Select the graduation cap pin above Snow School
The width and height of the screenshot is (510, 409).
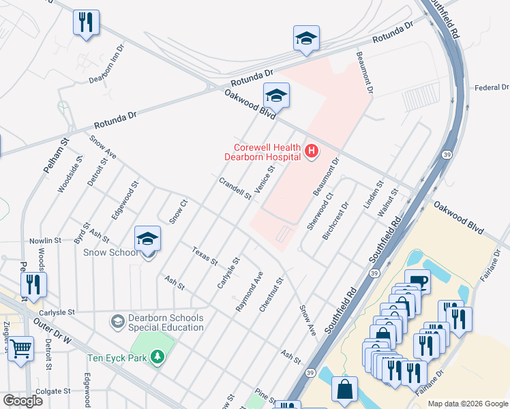pyautogui.click(x=147, y=239)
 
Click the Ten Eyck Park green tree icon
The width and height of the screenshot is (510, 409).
pyautogui.click(x=157, y=357)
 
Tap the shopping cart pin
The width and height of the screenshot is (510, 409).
pyautogui.click(x=21, y=349)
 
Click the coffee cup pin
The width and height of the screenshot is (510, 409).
pyautogui.click(x=417, y=282)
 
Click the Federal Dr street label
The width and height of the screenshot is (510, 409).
pyautogui.click(x=491, y=87)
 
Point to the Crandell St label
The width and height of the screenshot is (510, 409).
pyautogui.click(x=235, y=188)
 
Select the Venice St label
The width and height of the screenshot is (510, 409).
pyautogui.click(x=264, y=179)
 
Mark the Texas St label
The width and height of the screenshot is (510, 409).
pyautogui.click(x=204, y=256)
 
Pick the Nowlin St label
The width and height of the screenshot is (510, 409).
pyautogui.click(x=44, y=241)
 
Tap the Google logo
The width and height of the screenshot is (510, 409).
pyautogui.click(x=22, y=400)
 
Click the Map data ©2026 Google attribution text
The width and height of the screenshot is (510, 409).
pyautogui.click(x=467, y=404)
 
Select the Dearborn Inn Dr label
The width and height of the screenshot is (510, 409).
pyautogui.click(x=107, y=65)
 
